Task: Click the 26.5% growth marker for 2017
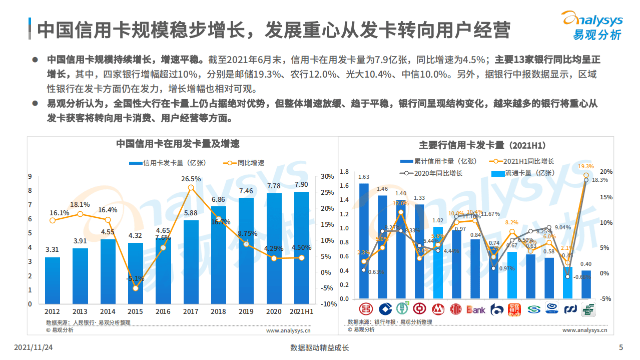point(191,187)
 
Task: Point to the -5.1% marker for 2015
point(136,288)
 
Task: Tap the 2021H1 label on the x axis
point(302,312)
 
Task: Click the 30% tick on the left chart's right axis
point(327,176)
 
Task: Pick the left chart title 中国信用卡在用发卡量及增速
point(178,144)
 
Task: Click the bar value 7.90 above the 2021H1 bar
point(301,184)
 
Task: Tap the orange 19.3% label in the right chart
point(585,166)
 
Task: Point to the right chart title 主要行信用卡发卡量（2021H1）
point(481,145)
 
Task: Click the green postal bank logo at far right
point(586,309)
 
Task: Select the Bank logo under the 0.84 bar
point(475,309)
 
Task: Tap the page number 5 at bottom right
point(621,348)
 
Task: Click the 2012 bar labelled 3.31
point(53,280)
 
